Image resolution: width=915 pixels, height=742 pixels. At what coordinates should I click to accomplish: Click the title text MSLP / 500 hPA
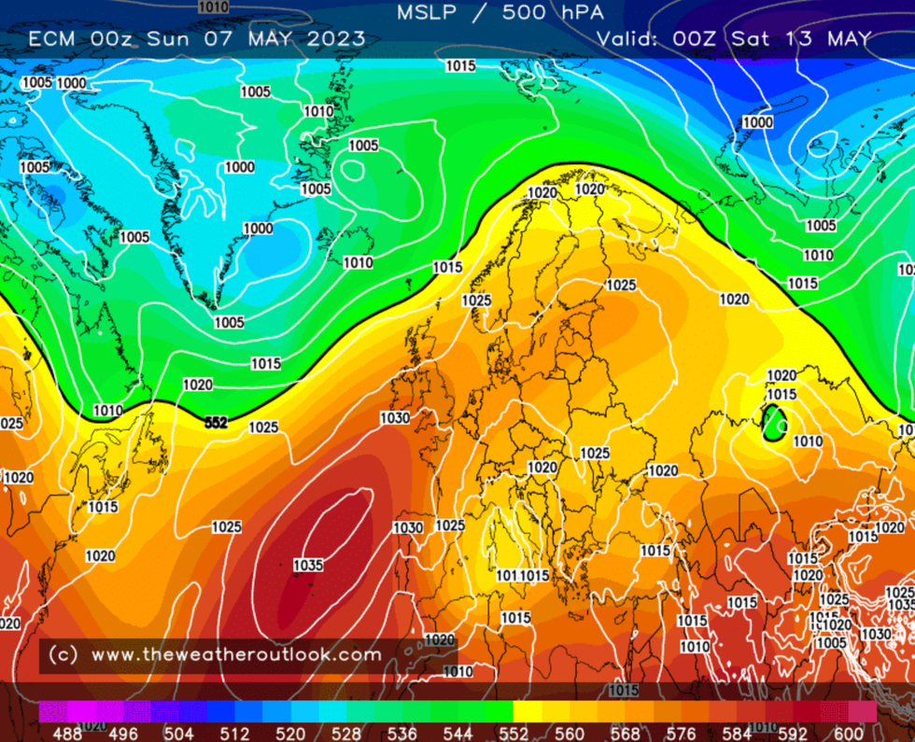pyautogui.click(x=500, y=13)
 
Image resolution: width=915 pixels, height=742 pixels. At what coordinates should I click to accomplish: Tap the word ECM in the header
pyautogui.click(x=53, y=39)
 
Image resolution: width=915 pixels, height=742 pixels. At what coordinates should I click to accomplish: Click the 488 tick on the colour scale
pyautogui.click(x=67, y=734)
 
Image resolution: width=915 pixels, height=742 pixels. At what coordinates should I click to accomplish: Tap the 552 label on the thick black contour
pyautogui.click(x=216, y=423)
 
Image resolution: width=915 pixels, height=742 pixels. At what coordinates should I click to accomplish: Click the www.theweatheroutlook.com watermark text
pyautogui.click(x=235, y=655)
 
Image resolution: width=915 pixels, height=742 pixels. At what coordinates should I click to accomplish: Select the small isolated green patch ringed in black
pyautogui.click(x=773, y=423)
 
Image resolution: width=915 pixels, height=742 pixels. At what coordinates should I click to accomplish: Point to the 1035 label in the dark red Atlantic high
pyautogui.click(x=308, y=565)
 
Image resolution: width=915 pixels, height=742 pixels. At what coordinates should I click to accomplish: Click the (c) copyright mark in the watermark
pyautogui.click(x=62, y=655)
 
